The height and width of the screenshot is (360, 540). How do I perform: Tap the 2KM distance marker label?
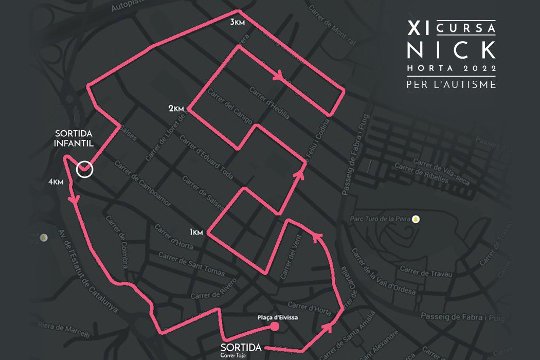click(176, 109)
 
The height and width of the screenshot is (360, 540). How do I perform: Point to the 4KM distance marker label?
click(56, 182)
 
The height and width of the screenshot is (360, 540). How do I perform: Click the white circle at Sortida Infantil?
click(84, 169)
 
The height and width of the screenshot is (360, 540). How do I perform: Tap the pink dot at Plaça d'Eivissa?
click(275, 326)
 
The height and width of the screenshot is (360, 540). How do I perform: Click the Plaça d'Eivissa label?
click(278, 317)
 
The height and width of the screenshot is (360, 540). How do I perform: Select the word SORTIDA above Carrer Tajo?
click(237, 347)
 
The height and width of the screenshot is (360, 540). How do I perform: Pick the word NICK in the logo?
click(451, 50)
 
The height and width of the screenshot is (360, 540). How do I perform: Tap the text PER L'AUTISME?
click(451, 84)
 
